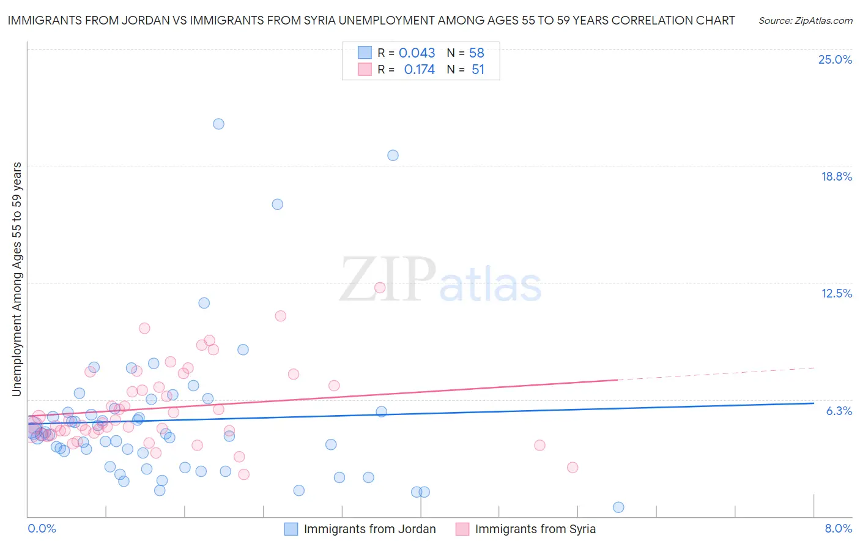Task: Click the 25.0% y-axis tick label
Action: (835, 59)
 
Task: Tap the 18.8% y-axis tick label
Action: (836, 176)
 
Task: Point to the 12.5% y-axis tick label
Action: (836, 293)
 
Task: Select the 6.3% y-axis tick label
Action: (839, 411)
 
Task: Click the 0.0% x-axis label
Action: (42, 528)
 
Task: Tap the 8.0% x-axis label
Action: (838, 528)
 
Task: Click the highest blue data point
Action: (218, 124)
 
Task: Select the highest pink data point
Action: (380, 288)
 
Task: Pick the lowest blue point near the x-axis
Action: (618, 507)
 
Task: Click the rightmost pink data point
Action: (573, 467)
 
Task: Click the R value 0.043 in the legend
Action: (417, 53)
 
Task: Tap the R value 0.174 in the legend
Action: (419, 70)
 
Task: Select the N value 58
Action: (476, 53)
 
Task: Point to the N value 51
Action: (478, 70)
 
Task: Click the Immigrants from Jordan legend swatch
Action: (291, 529)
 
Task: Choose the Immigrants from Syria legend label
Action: (535, 529)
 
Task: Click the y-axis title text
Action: (17, 279)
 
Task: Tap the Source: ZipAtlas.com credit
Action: (805, 21)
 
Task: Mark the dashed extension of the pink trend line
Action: (716, 374)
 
